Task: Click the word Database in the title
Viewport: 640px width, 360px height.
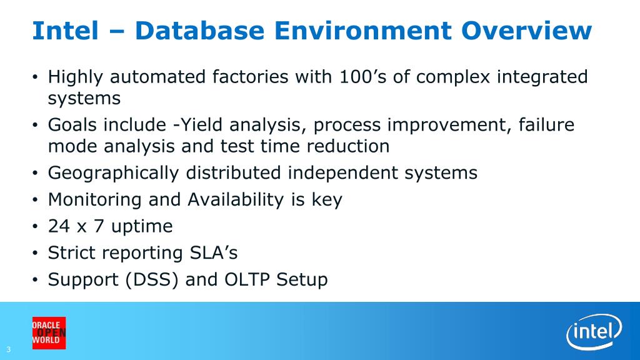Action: tap(199, 31)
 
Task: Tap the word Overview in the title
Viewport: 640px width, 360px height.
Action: tap(526, 31)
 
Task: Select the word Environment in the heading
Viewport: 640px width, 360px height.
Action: tap(363, 31)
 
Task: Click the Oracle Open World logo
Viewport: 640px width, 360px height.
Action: tap(49, 333)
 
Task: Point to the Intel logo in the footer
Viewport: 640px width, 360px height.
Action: tap(594, 331)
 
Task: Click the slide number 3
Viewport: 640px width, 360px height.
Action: tap(9, 349)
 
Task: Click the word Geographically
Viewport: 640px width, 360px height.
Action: tap(114, 173)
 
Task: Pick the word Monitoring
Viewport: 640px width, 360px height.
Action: tap(95, 200)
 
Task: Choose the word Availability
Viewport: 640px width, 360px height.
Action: tap(236, 200)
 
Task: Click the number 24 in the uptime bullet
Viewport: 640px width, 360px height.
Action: tap(59, 226)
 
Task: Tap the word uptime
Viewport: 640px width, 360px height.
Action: tap(142, 227)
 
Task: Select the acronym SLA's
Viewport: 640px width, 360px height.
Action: tap(214, 252)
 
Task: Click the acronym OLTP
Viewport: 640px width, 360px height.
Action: tap(247, 279)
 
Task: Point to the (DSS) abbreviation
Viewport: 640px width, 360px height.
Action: tap(152, 280)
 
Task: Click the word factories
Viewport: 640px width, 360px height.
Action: tap(250, 77)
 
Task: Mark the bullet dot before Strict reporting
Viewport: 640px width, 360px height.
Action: tap(35, 254)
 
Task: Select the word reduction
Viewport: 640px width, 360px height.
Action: tap(348, 146)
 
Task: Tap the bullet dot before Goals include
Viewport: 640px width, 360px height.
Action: tap(35, 126)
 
